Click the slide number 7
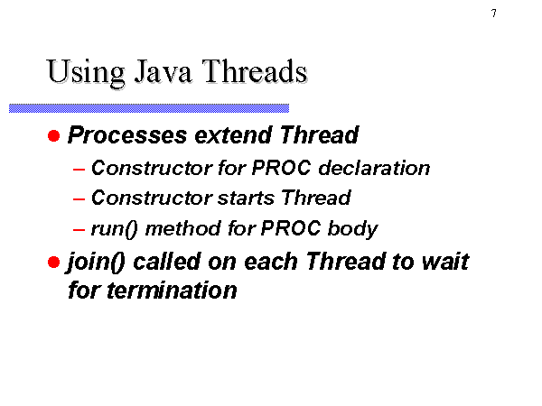click(x=494, y=14)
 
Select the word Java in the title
click(x=163, y=71)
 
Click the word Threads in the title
click(x=255, y=71)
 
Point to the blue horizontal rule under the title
click(x=149, y=108)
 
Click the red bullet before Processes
click(x=54, y=135)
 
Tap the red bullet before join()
click(x=54, y=262)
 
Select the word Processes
click(x=127, y=135)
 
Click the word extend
click(x=234, y=135)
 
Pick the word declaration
click(x=374, y=168)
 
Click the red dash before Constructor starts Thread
click(x=79, y=199)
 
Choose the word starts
click(x=246, y=198)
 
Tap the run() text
click(x=114, y=229)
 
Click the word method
click(x=183, y=228)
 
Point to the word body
click(x=352, y=229)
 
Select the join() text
click(x=96, y=263)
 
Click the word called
click(x=166, y=262)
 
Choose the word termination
click(x=172, y=291)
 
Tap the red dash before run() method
click(x=79, y=229)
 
